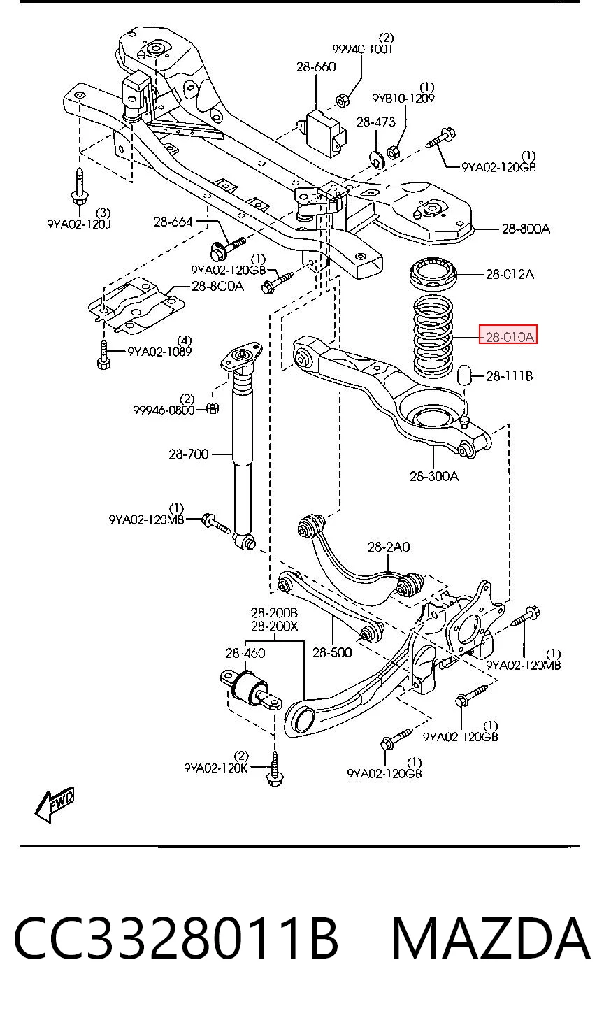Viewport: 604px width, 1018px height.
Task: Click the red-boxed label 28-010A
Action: point(508,337)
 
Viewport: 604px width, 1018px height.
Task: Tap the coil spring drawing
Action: point(433,336)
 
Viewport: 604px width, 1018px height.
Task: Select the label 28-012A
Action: point(510,274)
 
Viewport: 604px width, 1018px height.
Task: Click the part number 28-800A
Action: point(526,229)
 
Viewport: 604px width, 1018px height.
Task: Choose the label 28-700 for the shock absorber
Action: point(189,454)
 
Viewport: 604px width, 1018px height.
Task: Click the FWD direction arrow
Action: point(55,805)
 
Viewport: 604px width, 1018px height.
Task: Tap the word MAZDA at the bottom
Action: point(490,938)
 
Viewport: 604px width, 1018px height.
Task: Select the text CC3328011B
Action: point(176,938)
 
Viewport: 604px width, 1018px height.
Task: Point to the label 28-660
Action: point(316,67)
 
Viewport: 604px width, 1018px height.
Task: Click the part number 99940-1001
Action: point(362,49)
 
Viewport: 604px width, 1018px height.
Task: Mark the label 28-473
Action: point(376,122)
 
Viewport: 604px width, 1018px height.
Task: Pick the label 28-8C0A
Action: point(217,287)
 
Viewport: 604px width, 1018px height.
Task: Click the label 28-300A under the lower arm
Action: point(434,476)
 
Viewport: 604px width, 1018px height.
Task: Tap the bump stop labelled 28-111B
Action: point(464,373)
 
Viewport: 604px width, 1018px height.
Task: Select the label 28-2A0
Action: point(389,547)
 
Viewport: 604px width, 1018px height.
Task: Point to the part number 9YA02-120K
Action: point(216,768)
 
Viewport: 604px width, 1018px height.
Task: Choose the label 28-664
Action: point(173,222)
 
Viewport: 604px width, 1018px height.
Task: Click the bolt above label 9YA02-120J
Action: point(79,187)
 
